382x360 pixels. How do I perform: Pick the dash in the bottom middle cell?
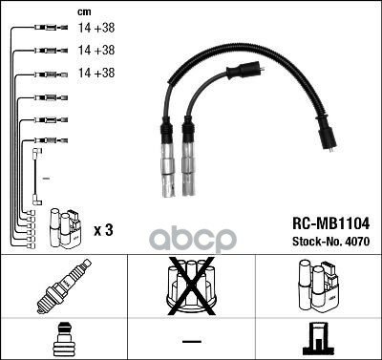click(x=190, y=341)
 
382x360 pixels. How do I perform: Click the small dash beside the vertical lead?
click(x=44, y=179)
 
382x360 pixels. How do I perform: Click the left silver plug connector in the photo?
click(x=169, y=163)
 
